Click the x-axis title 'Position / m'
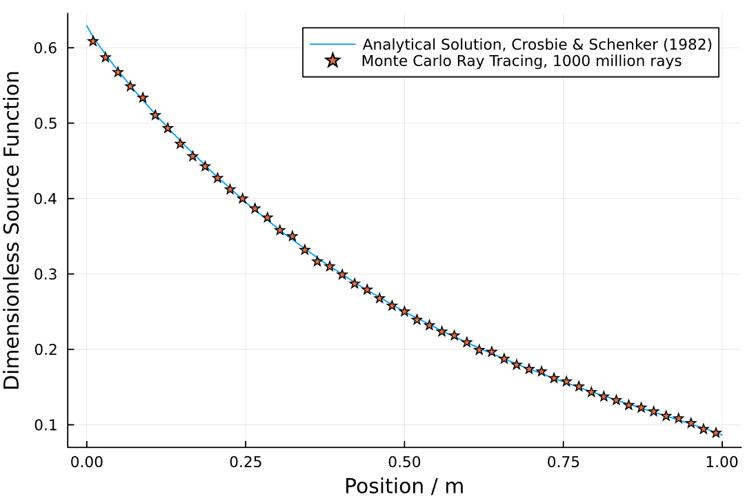point(404,486)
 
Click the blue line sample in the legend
point(333,45)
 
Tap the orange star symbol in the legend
point(333,61)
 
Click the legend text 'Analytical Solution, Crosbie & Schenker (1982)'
point(537,45)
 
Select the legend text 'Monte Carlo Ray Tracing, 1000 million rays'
point(522,61)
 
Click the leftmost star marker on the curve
point(93,41)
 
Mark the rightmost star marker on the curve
point(716,433)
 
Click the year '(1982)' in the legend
point(688,45)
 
